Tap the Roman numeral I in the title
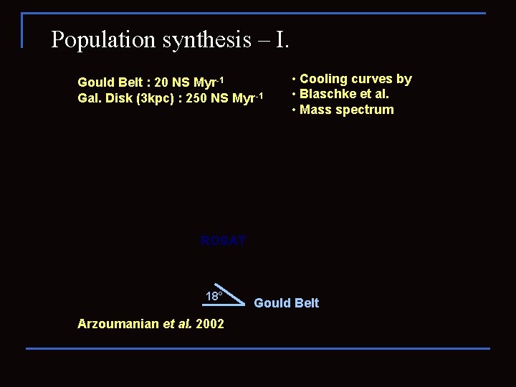(282, 39)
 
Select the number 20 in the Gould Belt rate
(161, 82)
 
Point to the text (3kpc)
(155, 98)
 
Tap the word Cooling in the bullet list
(323, 79)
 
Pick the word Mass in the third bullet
(315, 110)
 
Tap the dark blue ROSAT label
(223, 241)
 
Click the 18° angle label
(214, 296)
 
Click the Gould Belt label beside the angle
(287, 303)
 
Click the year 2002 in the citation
(209, 324)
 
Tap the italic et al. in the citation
(177, 324)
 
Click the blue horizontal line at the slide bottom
(258, 348)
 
